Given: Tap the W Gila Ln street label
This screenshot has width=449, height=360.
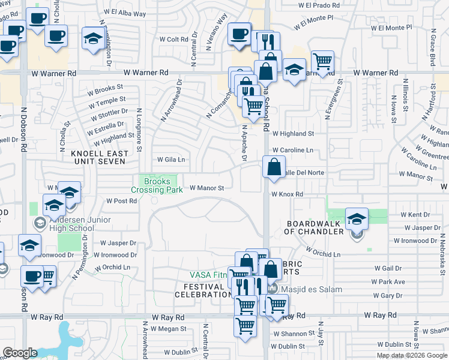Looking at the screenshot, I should [171, 160].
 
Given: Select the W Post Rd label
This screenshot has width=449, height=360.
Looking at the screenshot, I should [121, 201].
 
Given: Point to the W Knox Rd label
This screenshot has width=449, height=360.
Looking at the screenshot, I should [286, 194].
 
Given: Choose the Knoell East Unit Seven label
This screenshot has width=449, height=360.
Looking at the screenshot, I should [100, 158].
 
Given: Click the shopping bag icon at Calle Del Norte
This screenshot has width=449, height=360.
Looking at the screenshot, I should [274, 167].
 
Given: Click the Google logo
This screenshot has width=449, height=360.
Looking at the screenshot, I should [20, 353].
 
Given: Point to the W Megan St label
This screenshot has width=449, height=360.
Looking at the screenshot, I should [169, 329].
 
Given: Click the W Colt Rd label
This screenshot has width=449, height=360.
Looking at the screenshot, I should [177, 40].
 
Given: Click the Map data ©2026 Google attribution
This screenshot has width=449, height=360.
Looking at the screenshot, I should [412, 355].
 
